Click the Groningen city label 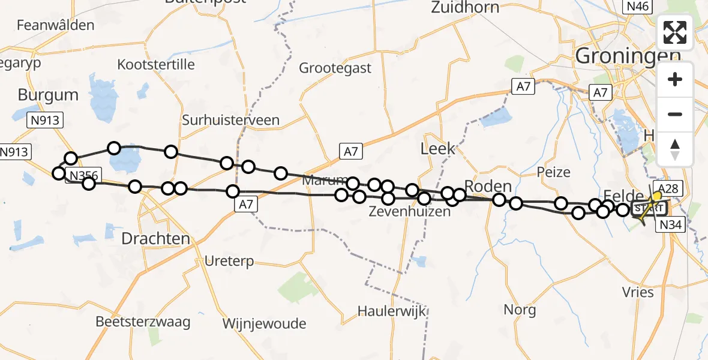click(x=627, y=56)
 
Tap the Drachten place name click(x=155, y=238)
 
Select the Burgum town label click(x=48, y=95)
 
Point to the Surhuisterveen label click(x=231, y=120)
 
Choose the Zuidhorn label click(x=465, y=8)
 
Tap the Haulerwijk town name click(x=391, y=311)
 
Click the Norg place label click(x=520, y=310)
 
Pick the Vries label click(x=638, y=292)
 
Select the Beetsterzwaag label click(x=143, y=322)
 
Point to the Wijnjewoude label click(x=264, y=324)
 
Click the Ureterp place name click(x=229, y=261)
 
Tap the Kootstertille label click(x=156, y=64)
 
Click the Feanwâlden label click(x=56, y=25)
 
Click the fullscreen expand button click(x=675, y=32)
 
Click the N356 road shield click(x=83, y=176)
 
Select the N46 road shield click(x=638, y=7)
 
